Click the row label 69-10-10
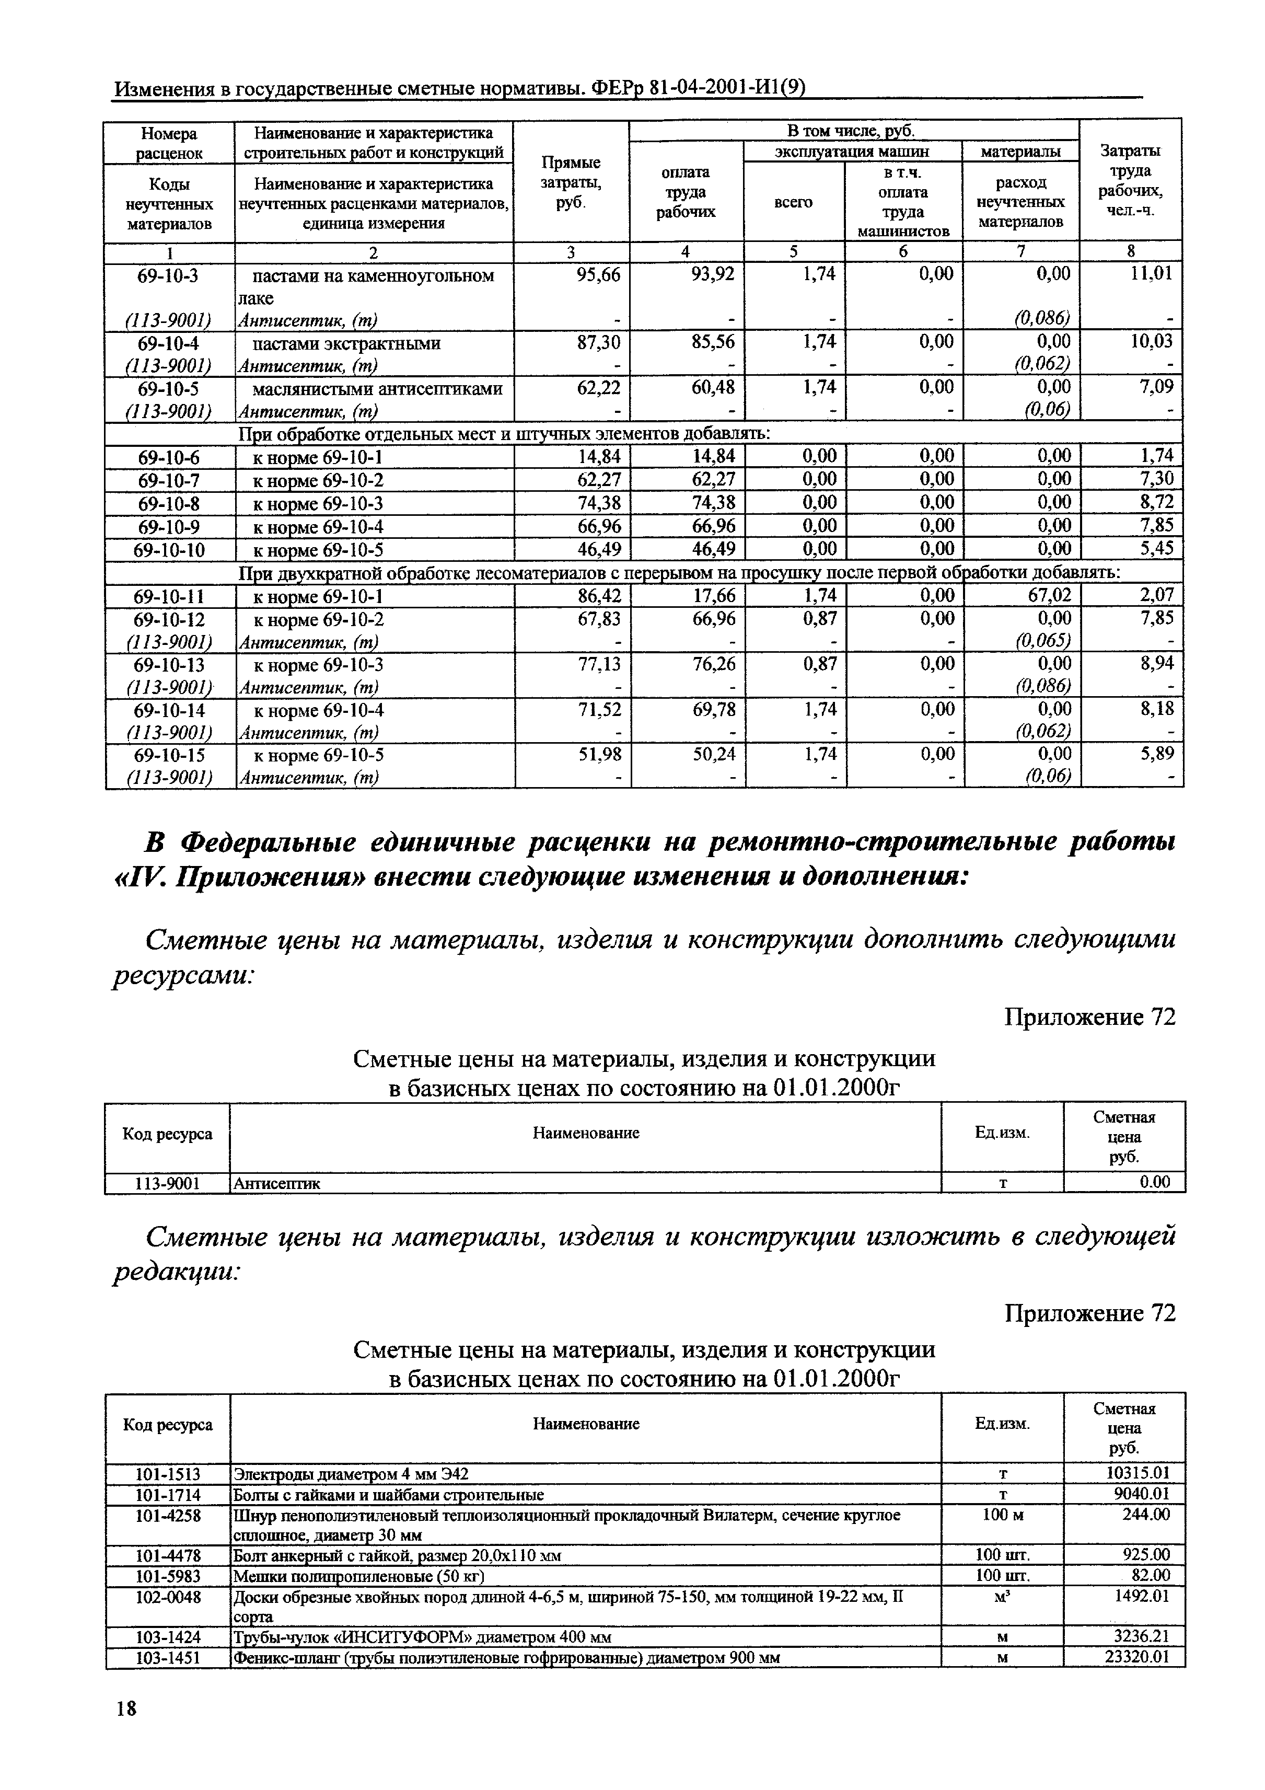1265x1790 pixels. (169, 550)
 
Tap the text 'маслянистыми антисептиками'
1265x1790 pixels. (376, 388)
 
